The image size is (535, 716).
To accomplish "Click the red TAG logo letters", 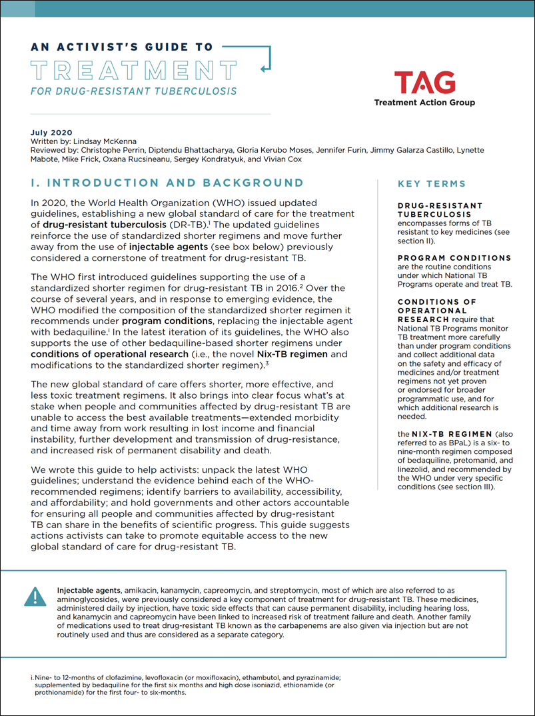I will (x=424, y=83).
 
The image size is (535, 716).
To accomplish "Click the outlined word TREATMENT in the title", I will (x=134, y=69).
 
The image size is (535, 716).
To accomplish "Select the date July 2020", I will (x=51, y=133).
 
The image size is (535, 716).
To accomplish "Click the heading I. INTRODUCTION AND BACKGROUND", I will (x=167, y=183).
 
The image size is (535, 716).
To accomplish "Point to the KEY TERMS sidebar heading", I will (x=431, y=184).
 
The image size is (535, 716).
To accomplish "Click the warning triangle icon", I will (x=35, y=597).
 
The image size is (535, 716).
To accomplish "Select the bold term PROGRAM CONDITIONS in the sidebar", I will (x=454, y=258).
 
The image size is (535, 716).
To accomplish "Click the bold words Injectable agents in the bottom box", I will (x=89, y=590).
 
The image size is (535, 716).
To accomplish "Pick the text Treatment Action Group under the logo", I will (x=424, y=103).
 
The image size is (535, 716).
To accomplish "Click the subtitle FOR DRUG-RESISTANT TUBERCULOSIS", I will (x=133, y=91).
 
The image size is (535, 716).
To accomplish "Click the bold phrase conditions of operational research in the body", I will (x=109, y=354).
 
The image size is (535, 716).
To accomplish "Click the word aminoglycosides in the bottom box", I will (x=90, y=600).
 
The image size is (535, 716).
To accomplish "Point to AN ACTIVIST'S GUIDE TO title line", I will (x=122, y=47).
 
